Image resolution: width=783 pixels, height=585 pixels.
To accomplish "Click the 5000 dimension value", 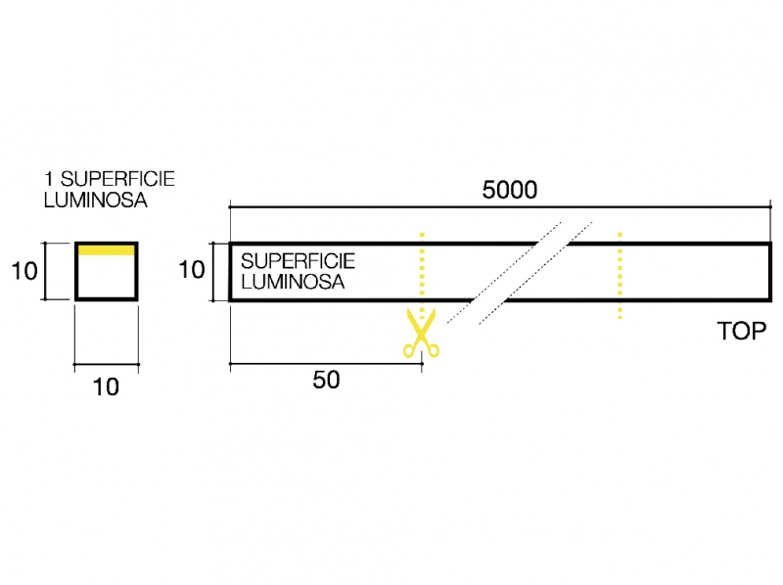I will point(510,190).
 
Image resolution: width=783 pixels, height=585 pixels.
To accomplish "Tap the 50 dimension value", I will point(327,381).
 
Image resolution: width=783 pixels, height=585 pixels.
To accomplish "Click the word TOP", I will point(742,331).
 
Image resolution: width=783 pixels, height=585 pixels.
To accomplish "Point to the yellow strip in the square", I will point(106,250).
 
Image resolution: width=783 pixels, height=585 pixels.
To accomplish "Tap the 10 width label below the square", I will point(106,387).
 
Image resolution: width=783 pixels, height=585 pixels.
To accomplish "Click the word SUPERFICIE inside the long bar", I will point(298,262).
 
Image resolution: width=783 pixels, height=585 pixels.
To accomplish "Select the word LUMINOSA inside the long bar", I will point(292,282).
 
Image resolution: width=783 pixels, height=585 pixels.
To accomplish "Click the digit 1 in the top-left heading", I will point(49,179).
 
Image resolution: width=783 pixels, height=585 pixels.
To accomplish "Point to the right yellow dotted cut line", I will point(620,275).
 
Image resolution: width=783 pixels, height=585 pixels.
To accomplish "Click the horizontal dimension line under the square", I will point(106,366).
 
